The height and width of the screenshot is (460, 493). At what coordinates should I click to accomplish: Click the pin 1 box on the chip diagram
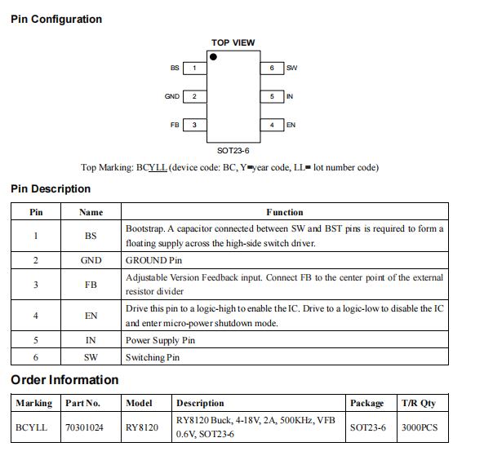tap(194, 69)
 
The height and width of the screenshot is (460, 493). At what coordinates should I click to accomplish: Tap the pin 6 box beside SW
tap(272, 69)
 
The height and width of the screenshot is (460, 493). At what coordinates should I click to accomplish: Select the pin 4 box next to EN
tap(272, 125)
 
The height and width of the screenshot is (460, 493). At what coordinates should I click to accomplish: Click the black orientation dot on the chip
tap(214, 57)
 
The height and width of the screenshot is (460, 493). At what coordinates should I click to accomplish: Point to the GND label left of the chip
tap(171, 97)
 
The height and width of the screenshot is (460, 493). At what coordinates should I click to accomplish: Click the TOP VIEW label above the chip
tap(233, 42)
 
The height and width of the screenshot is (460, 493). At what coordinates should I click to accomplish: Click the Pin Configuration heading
tap(56, 19)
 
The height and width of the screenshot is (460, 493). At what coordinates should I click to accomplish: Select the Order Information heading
tap(64, 380)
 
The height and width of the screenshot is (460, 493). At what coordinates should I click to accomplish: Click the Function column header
tap(284, 212)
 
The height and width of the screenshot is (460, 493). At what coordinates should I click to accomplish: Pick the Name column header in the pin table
tap(91, 212)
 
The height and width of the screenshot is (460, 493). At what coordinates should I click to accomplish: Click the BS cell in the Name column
tap(91, 236)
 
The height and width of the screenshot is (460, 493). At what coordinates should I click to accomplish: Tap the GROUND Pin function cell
tap(153, 260)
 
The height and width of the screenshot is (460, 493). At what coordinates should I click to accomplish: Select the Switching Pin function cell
tap(153, 356)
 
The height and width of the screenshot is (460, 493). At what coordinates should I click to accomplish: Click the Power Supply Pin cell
tap(160, 340)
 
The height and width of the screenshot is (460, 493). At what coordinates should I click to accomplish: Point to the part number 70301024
tap(84, 427)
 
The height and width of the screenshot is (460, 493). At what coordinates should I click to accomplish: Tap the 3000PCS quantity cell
tap(419, 427)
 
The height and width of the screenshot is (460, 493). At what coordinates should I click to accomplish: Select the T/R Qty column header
tap(419, 403)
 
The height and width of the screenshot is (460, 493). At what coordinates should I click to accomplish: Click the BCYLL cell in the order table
tap(32, 427)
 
